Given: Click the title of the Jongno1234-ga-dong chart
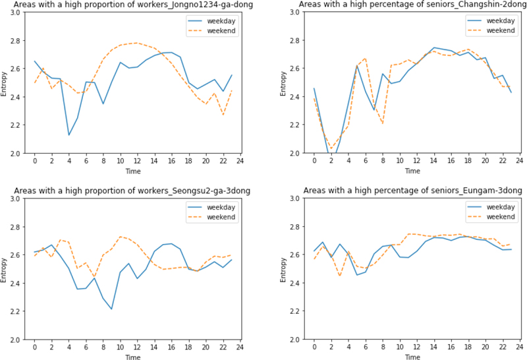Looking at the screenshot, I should pyautogui.click(x=134, y=5).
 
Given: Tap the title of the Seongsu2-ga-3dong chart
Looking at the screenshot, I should pyautogui.click(x=134, y=192).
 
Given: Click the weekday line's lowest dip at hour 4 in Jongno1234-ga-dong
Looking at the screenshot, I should pyautogui.click(x=69, y=135).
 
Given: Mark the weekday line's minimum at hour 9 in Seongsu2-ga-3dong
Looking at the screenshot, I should pyautogui.click(x=112, y=309).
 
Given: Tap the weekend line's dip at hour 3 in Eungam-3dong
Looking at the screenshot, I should pyautogui.click(x=340, y=275).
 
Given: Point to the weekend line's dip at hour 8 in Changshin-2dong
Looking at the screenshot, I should pyautogui.click(x=383, y=123).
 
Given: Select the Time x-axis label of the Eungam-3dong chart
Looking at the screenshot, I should pyautogui.click(x=413, y=357).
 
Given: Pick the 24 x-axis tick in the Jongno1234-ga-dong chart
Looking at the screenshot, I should pyautogui.click(x=240, y=161).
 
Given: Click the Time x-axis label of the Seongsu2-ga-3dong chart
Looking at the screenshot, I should pyautogui.click(x=134, y=357).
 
